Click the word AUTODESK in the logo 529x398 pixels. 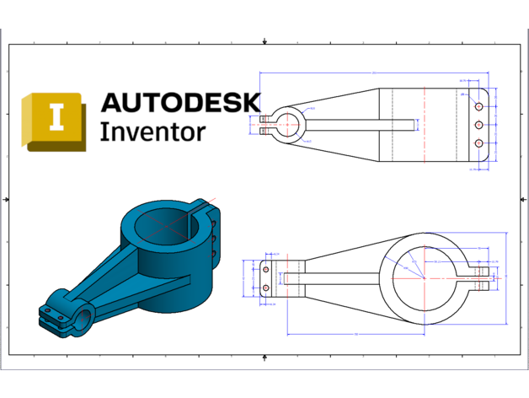coord(181,102)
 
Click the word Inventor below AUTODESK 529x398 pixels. coord(152,132)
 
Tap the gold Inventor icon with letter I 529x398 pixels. coord(56,120)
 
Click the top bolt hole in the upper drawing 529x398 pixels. coord(479,108)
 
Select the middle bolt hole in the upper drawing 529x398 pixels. coord(479,126)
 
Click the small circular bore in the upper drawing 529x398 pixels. coord(288,125)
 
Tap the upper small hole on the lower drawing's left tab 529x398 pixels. coord(266,269)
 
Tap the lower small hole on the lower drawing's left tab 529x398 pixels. coord(266,288)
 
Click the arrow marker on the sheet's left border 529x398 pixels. coord(8,199)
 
